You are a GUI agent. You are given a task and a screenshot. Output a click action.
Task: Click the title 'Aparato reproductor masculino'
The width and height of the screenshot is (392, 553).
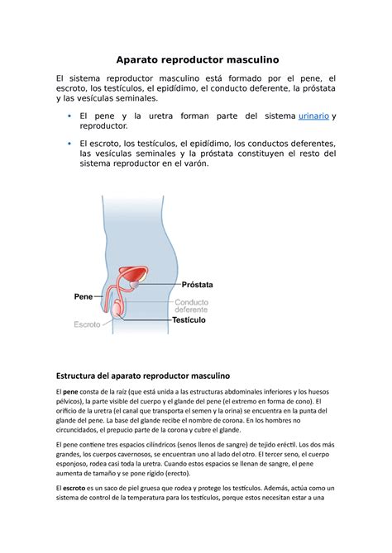click(x=196, y=59)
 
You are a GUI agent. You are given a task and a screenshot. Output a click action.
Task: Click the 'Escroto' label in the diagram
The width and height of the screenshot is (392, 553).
click(x=87, y=324)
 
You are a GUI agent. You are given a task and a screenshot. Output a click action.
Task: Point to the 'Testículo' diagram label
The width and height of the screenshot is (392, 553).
click(x=194, y=319)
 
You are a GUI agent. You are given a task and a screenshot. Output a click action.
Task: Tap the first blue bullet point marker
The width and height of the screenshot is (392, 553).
click(x=69, y=116)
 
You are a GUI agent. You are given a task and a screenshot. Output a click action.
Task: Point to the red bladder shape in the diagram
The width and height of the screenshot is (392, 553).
click(x=132, y=276)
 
